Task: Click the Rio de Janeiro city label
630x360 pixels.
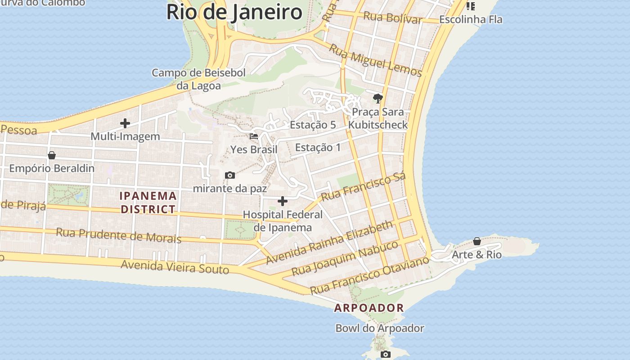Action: pos(234,12)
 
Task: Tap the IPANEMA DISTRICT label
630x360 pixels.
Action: pos(148,202)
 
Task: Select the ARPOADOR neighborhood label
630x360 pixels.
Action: pos(369,308)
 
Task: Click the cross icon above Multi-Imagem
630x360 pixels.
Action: pos(125,123)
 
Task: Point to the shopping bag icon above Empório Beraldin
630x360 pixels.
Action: pos(52,155)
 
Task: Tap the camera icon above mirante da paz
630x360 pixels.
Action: pos(230,175)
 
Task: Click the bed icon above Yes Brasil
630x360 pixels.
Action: pos(254,136)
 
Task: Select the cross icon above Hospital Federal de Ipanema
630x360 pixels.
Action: pos(283,201)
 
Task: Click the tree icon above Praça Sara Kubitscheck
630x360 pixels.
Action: pos(378,98)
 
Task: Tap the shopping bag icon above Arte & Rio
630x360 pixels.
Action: pos(477,242)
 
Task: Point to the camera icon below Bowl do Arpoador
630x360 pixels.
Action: pos(385,354)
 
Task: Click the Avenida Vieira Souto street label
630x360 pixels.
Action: pos(175,266)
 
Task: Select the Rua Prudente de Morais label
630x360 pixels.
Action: pos(119,235)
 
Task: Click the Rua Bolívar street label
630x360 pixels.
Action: pos(392,18)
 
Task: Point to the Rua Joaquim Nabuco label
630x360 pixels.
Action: pos(345,258)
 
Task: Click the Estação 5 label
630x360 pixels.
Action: pos(313,125)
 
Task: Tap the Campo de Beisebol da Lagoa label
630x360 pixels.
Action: pos(198,79)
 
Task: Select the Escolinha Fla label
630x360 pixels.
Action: pos(471,19)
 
